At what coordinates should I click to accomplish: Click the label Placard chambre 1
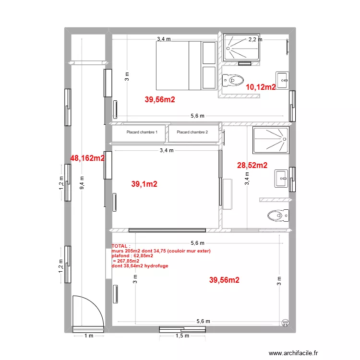tap(142, 132)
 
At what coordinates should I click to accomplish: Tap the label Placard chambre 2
tap(192, 132)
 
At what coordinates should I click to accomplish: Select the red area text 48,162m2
tap(87, 158)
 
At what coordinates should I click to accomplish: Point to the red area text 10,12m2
tap(261, 87)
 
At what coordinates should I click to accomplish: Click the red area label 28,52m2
tap(252, 165)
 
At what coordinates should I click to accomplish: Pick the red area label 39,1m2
tap(144, 184)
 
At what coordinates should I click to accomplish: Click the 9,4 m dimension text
tap(82, 183)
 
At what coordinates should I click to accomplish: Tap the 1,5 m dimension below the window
tap(182, 336)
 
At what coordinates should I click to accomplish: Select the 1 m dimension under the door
tap(89, 336)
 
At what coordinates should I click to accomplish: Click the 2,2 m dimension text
tap(255, 39)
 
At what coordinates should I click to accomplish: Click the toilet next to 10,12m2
tap(233, 80)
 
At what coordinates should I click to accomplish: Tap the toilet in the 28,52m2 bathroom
tap(278, 216)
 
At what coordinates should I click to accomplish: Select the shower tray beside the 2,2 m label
tap(241, 48)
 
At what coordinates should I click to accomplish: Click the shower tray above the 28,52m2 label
tap(271, 140)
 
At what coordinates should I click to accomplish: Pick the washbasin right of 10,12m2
tap(282, 80)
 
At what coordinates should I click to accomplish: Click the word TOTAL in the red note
tap(120, 246)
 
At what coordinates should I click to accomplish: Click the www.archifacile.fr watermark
tap(293, 353)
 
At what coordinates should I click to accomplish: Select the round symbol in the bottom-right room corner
tap(285, 323)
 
